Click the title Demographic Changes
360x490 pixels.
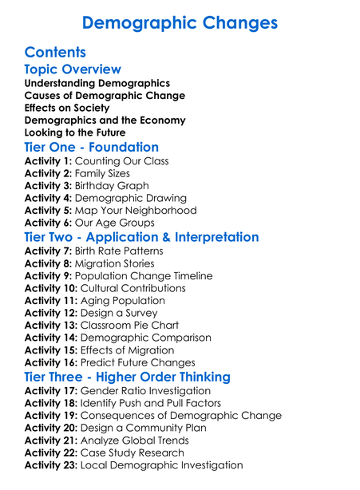click(180, 22)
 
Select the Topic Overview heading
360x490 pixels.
click(73, 69)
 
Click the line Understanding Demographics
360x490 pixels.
click(97, 83)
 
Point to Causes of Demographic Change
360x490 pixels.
click(105, 96)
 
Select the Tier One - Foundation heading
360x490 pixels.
click(91, 148)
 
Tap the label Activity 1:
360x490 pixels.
click(49, 161)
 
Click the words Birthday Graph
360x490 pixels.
click(112, 186)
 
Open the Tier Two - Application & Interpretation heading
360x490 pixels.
click(141, 238)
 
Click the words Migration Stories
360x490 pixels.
click(115, 263)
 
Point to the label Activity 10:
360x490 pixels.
click(52, 288)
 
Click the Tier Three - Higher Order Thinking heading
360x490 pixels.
click(128, 377)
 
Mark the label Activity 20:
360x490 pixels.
click(52, 428)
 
